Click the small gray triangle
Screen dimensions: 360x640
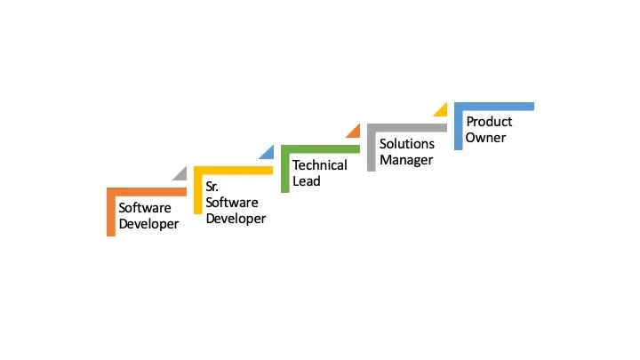pyautogui.click(x=181, y=174)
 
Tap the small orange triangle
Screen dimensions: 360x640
pyautogui.click(x=355, y=132)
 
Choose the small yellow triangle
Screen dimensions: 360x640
pyautogui.click(x=441, y=110)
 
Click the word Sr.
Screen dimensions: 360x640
pyautogui.click(x=212, y=187)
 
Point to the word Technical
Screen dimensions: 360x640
pyautogui.click(x=320, y=165)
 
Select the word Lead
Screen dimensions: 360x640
pyautogui.click(x=307, y=181)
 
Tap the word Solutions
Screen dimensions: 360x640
pyautogui.click(x=407, y=144)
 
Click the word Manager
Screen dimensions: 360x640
pyautogui.click(x=406, y=160)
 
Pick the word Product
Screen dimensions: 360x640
pyautogui.click(x=490, y=122)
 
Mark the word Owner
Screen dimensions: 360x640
pyautogui.click(x=486, y=138)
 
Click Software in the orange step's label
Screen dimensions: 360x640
pyautogui.click(x=145, y=208)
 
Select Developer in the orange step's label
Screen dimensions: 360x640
pyautogui.click(x=148, y=224)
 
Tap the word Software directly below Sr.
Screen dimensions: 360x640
pyautogui.click(x=232, y=203)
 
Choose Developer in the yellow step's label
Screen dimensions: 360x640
pyautogui.click(x=236, y=219)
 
